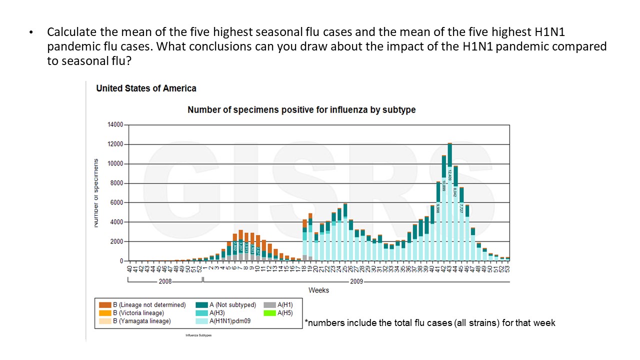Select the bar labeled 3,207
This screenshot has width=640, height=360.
click(240, 246)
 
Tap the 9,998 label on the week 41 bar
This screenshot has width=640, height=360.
click(438, 209)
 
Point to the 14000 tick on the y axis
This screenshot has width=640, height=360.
click(115, 125)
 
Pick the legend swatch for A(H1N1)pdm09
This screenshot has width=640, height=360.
click(201, 321)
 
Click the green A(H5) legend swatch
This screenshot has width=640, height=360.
click(270, 313)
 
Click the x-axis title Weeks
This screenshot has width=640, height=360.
click(318, 290)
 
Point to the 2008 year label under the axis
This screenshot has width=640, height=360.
click(165, 282)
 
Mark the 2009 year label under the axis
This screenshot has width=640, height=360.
click(356, 282)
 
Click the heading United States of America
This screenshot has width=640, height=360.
click(146, 88)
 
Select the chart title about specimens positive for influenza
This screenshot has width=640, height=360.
click(301, 109)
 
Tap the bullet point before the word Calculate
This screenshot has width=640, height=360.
click(31, 33)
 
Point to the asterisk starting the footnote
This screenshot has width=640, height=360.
click(305, 322)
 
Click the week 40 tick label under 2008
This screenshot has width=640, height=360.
click(129, 269)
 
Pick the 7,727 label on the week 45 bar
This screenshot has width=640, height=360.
click(461, 208)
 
